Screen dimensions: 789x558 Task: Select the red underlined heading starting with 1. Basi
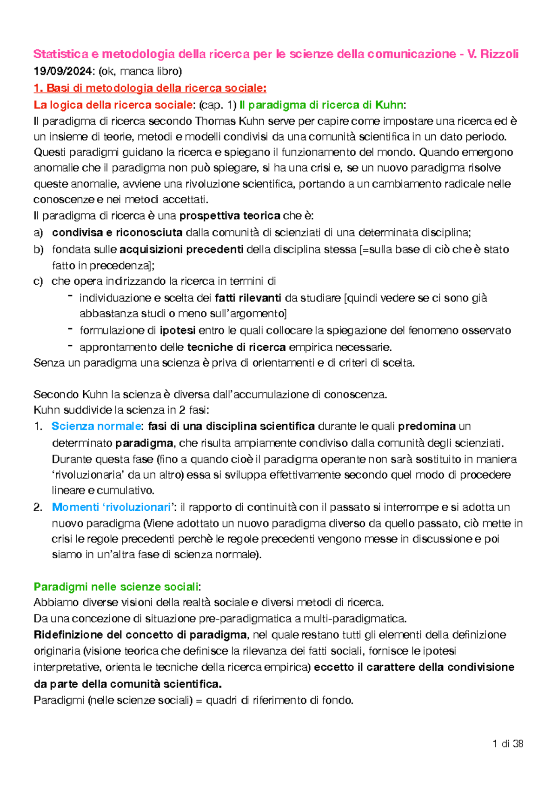coord(150,88)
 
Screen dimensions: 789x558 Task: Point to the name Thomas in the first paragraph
coord(215,121)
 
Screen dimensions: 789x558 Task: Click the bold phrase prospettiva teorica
coord(230,216)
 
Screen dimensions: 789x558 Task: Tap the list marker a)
coord(38,233)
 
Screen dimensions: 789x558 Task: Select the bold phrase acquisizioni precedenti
coord(181,249)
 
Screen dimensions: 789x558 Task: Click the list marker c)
coord(38,281)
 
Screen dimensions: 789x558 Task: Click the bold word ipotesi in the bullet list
coord(177,330)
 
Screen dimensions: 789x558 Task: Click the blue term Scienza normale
coord(96,426)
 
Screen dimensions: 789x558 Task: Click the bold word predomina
coord(426,426)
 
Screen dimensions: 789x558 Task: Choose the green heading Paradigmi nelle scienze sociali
coord(116,587)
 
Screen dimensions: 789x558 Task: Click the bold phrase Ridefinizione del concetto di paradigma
coord(140,635)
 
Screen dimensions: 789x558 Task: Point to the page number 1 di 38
coord(508,744)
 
